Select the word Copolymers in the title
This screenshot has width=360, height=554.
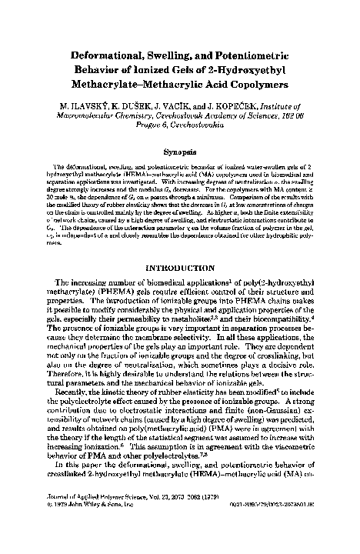tap(266, 67)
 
